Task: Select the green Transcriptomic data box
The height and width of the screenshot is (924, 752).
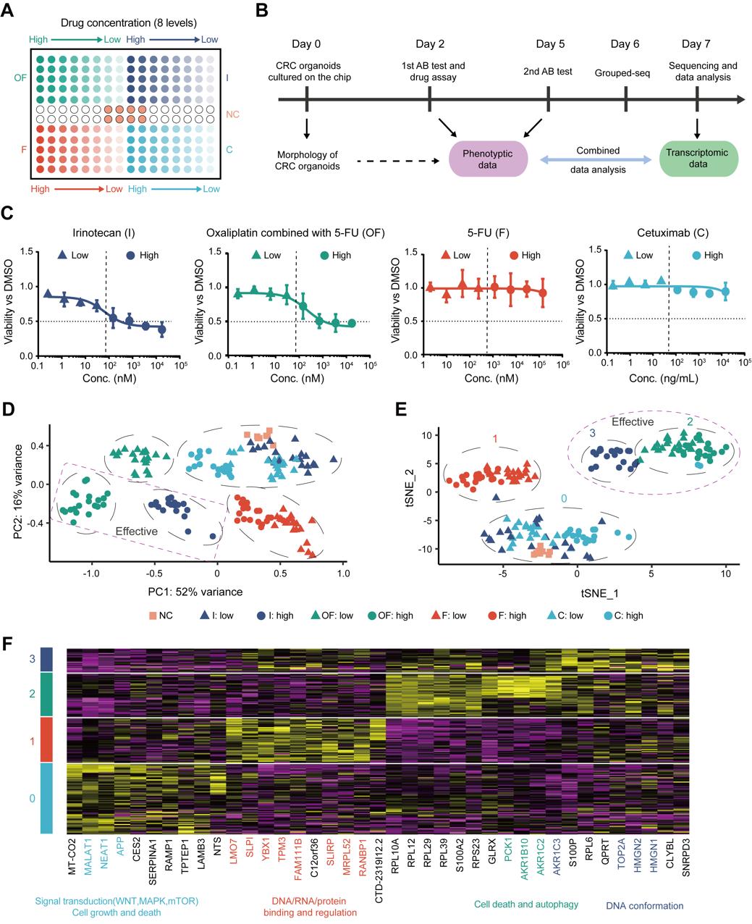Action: click(698, 158)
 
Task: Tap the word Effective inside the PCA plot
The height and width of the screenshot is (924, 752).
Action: click(136, 531)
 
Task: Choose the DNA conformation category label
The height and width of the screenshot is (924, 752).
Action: click(643, 905)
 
